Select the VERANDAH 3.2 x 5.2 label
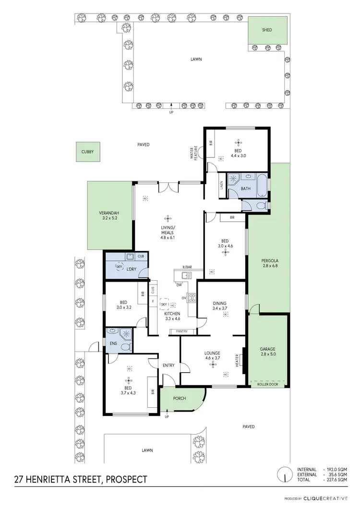coord(109,215)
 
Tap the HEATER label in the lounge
coord(237,361)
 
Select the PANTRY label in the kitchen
coord(181,331)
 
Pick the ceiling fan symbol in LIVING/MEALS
coord(168,217)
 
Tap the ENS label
coord(113,344)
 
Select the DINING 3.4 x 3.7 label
coord(222,305)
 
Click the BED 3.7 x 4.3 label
coord(128,390)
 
